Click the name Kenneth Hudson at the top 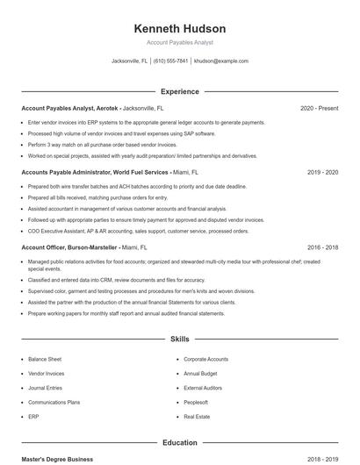click(x=179, y=28)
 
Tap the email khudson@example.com click(x=220, y=61)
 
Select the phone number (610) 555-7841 click(x=170, y=61)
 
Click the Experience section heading click(x=179, y=91)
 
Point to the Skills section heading click(x=179, y=338)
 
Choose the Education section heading click(x=179, y=443)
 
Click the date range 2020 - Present click(x=319, y=108)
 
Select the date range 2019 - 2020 click(x=322, y=173)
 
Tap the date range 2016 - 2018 click(x=322, y=248)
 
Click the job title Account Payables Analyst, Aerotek click(x=70, y=108)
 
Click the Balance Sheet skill click(x=45, y=359)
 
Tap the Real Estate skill click(x=197, y=416)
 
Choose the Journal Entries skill click(x=46, y=388)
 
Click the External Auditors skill click(x=203, y=388)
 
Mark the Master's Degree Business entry click(x=57, y=459)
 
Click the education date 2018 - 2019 click(x=322, y=459)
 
